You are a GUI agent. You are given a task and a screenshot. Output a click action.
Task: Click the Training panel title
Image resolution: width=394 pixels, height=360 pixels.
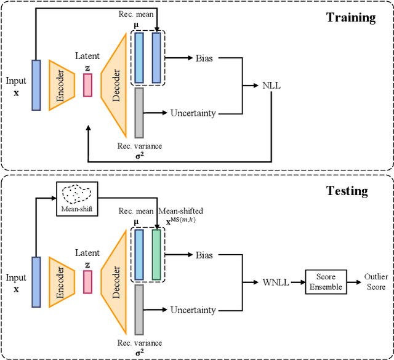click(350, 17)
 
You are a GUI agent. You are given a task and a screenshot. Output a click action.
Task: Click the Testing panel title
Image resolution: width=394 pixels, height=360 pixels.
click(347, 191)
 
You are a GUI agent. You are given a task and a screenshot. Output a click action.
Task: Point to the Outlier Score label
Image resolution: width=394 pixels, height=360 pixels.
click(376, 282)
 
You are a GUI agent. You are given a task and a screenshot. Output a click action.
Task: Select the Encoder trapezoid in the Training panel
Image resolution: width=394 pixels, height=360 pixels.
click(62, 84)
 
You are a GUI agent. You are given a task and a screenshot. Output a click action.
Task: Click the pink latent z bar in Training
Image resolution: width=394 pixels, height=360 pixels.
click(87, 85)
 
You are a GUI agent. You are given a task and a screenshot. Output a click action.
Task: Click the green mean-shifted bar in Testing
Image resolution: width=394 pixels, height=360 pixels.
click(156, 254)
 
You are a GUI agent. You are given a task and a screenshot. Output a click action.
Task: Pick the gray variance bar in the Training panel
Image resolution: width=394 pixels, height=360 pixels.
click(139, 112)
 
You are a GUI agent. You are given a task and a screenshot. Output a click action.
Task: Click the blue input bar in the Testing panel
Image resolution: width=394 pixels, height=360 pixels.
click(36, 281)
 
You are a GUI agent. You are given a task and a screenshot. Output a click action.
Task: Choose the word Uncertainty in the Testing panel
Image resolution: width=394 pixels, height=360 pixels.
click(193, 310)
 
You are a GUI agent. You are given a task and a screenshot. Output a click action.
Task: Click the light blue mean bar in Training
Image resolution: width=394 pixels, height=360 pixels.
click(139, 58)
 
